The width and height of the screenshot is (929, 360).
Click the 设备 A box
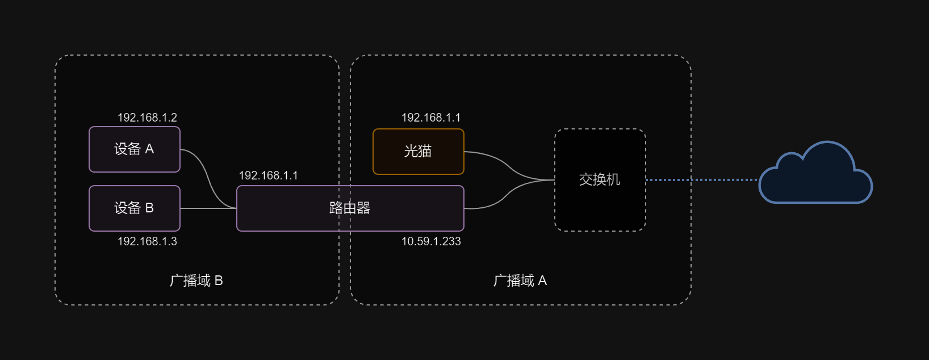[135, 149]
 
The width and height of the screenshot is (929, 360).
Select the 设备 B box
[135, 208]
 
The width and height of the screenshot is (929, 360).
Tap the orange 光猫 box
[419, 152]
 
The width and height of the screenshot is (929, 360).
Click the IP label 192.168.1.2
[147, 118]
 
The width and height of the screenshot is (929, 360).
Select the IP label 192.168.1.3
[147, 241]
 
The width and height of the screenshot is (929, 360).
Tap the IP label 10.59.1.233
[431, 241]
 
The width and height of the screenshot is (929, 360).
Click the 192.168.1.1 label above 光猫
[431, 118]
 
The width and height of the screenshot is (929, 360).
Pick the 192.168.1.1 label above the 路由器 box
[268, 175]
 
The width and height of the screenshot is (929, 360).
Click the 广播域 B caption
[196, 281]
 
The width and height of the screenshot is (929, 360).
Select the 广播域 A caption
[520, 281]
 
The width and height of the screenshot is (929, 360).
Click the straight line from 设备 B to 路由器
[208, 208]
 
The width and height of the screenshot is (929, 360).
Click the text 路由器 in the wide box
[350, 208]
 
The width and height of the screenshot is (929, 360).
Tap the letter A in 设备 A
[149, 149]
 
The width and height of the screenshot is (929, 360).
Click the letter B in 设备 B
[149, 208]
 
